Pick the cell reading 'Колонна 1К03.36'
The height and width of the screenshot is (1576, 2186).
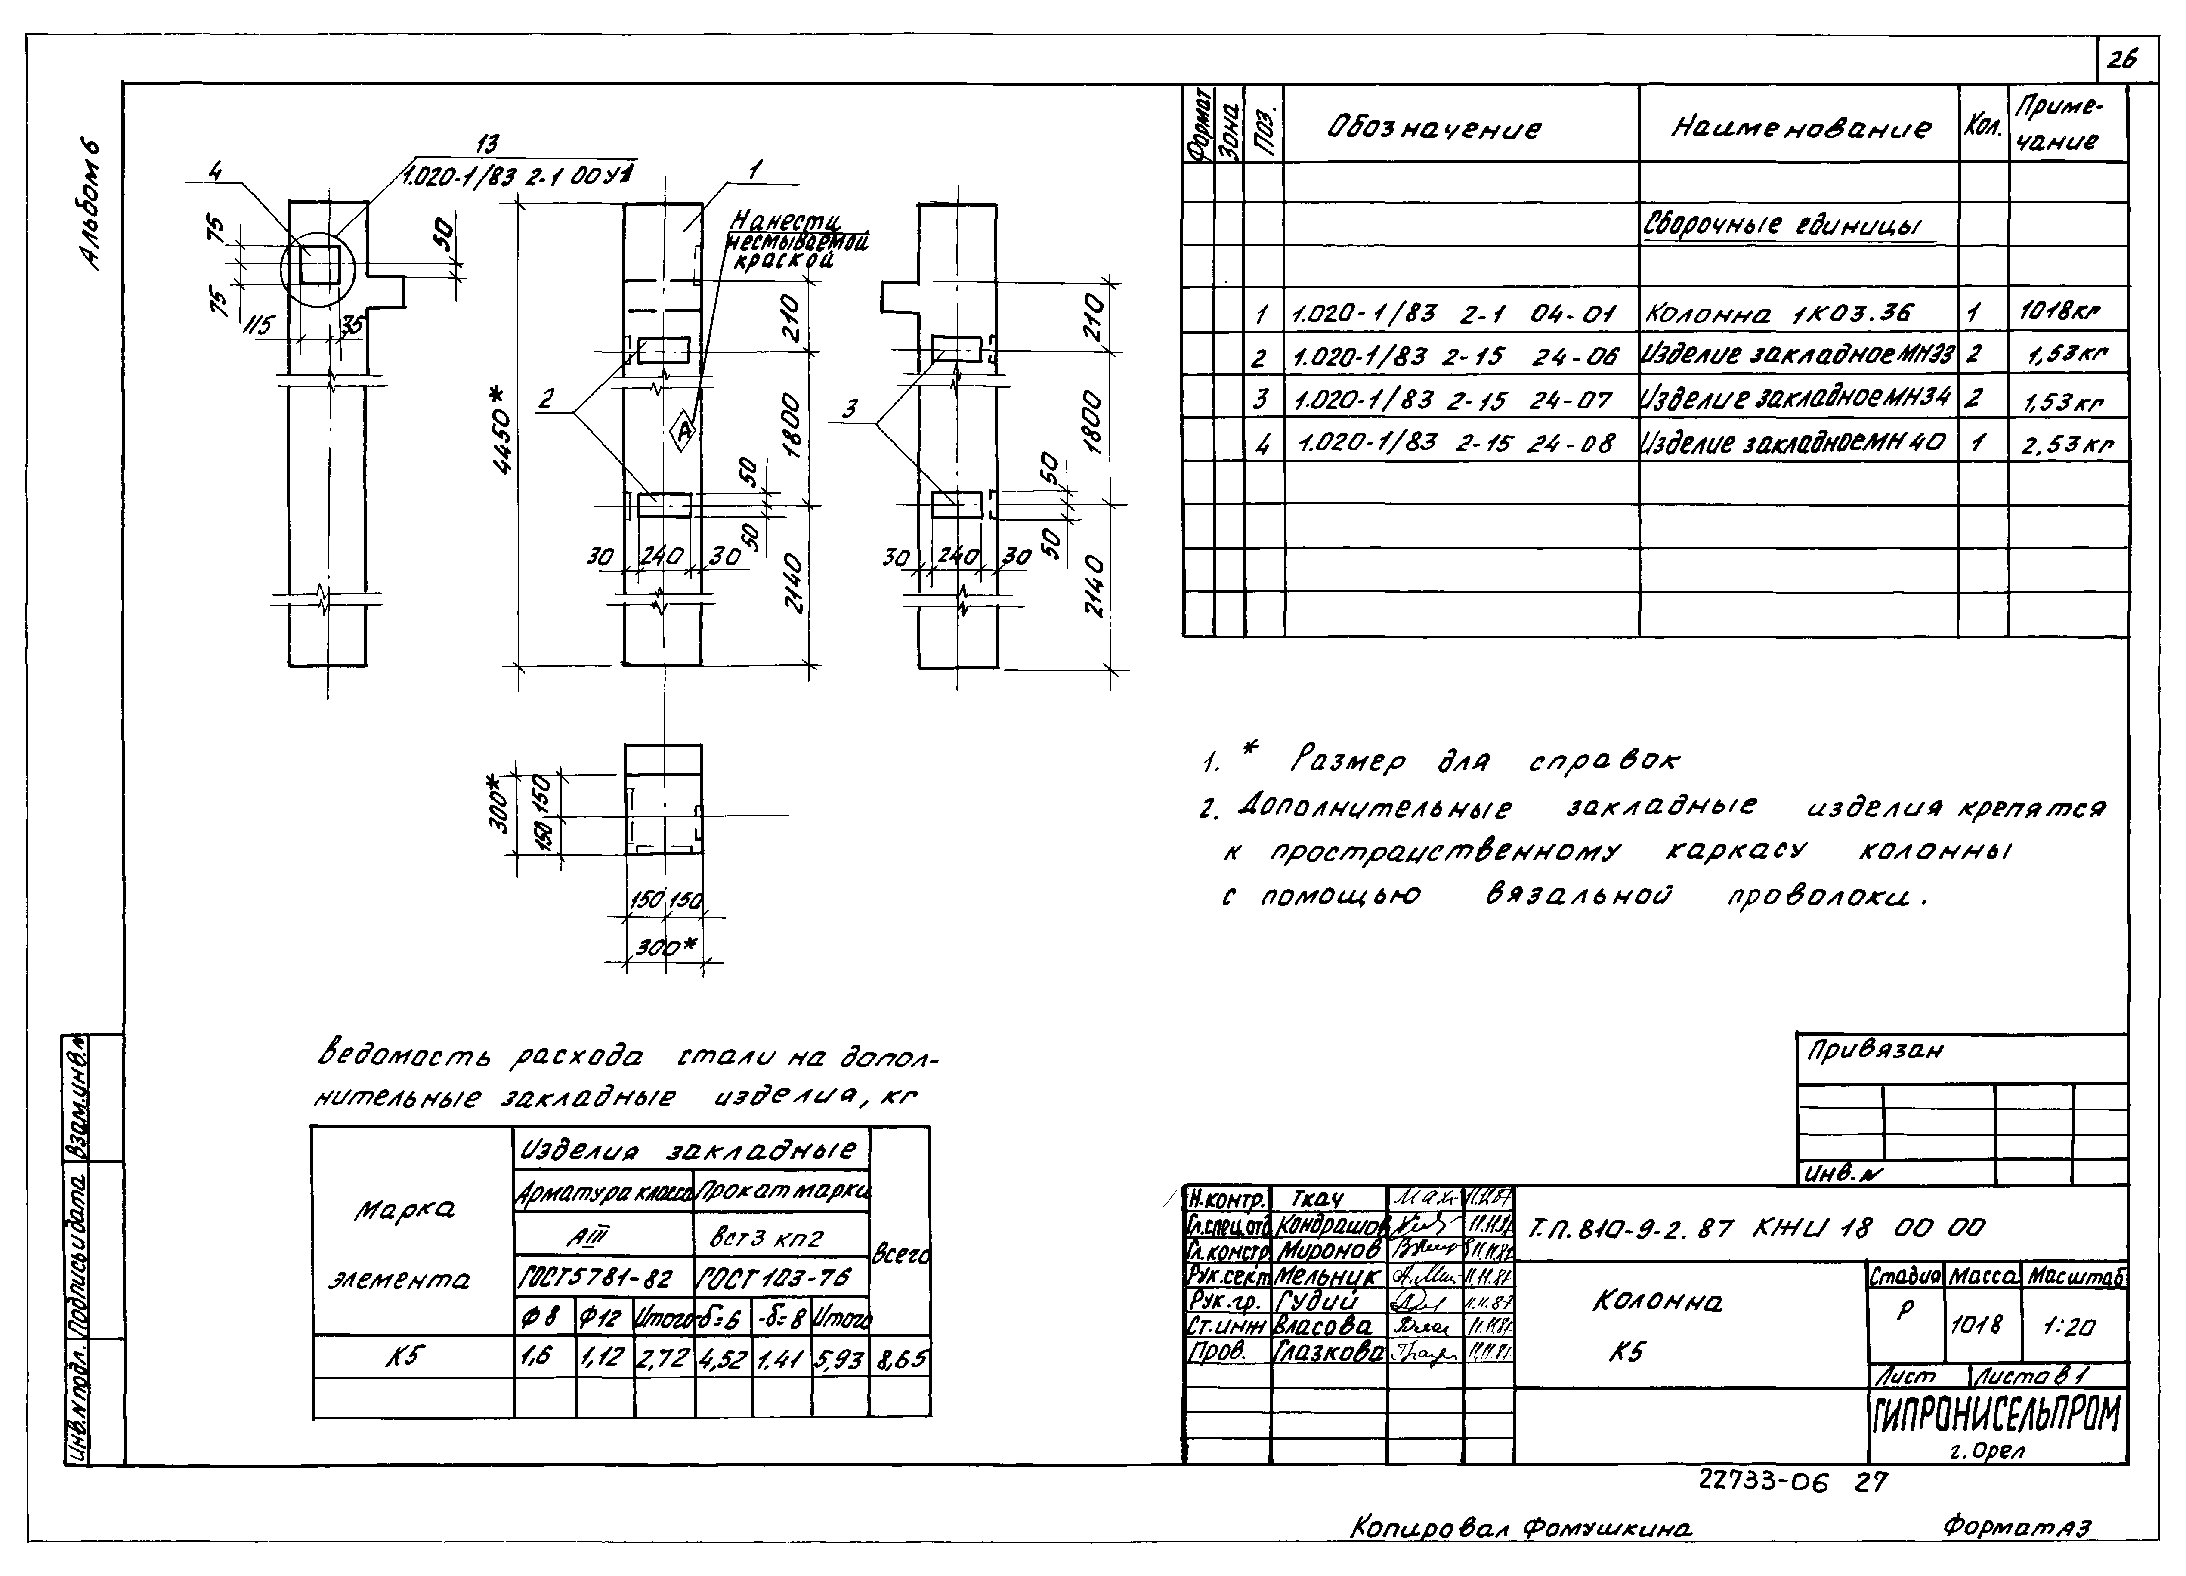1779,313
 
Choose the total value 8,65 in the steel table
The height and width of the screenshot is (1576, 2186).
900,1359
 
